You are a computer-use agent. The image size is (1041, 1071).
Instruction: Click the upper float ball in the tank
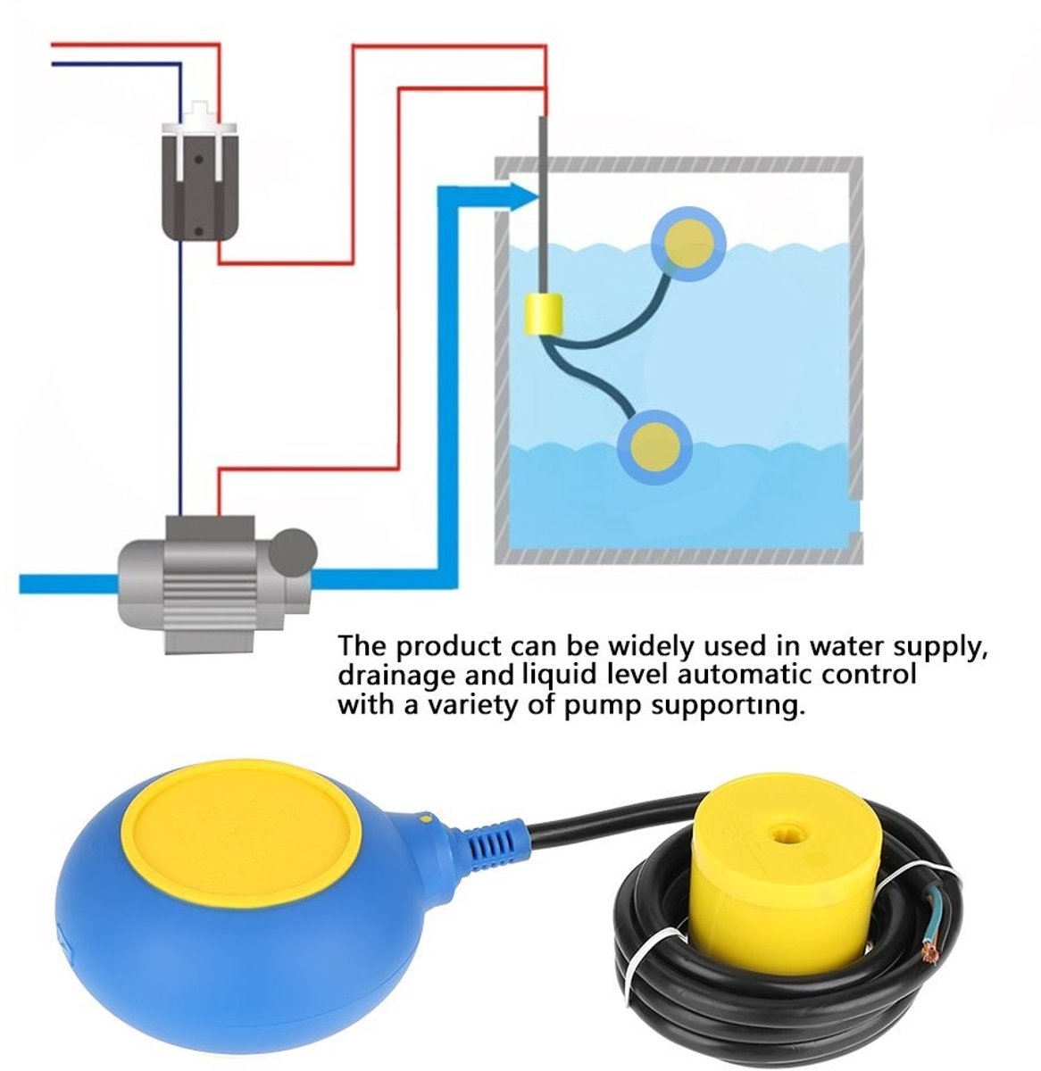coord(687,244)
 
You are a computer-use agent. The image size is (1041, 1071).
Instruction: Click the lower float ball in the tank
coord(654,447)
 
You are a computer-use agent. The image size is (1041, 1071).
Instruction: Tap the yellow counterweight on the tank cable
coord(543,314)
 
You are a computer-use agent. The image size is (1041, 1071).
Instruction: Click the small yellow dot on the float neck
coord(425,818)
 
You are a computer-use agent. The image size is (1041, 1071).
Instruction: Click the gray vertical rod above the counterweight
coord(542,204)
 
